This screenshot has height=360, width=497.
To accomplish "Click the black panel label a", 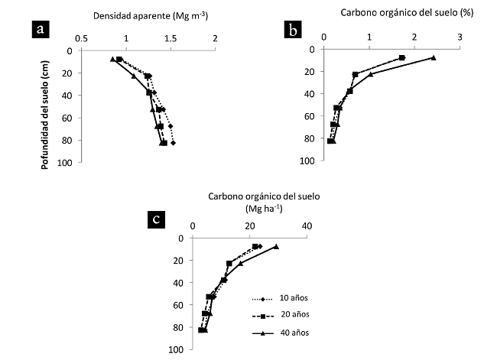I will pyautogui.click(x=42, y=30).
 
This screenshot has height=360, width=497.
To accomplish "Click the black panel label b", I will pyautogui.click(x=294, y=30).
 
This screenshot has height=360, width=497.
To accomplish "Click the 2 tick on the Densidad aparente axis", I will pyautogui.click(x=215, y=39).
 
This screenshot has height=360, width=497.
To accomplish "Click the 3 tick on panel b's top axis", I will pyautogui.click(x=460, y=37).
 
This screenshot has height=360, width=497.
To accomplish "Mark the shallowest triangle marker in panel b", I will pyautogui.click(x=434, y=57).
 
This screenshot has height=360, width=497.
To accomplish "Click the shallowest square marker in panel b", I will pyautogui.click(x=402, y=57).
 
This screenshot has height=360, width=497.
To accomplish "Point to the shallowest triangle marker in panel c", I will pyautogui.click(x=276, y=246).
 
